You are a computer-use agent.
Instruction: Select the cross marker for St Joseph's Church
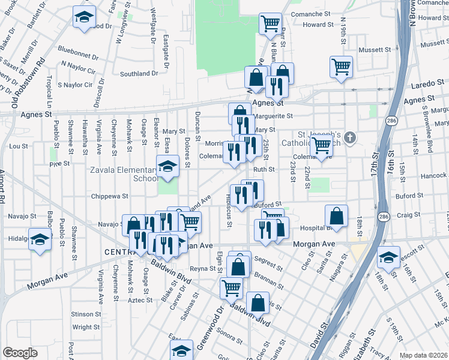(350, 138)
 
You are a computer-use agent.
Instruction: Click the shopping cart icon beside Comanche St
(270, 24)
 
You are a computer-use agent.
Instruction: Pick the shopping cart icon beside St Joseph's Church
(322, 145)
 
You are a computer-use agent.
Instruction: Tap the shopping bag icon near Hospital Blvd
(337, 217)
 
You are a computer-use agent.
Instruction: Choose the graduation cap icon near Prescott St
(388, 257)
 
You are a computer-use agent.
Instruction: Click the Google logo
(20, 352)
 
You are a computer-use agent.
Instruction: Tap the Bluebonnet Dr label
(77, 52)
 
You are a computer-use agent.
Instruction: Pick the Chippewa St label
(109, 196)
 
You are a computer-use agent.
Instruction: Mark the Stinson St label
(86, 314)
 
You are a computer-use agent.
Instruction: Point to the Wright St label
(86, 328)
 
